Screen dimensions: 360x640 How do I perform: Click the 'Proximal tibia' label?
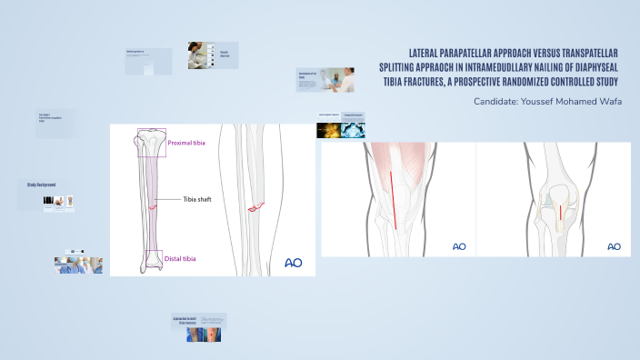tap(187, 143)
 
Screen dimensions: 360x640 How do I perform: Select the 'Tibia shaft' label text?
tap(197, 198)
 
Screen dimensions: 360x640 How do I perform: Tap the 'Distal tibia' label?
tap(180, 259)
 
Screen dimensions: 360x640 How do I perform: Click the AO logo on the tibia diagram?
tap(294, 263)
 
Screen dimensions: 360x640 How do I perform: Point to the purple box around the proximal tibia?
tap(151, 144)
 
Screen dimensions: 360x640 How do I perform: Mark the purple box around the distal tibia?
tap(154, 259)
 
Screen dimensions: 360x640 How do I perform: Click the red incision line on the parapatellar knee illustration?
tap(394, 200)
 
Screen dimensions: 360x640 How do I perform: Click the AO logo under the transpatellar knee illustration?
tap(614, 246)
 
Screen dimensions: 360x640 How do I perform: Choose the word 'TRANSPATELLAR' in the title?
tap(584, 52)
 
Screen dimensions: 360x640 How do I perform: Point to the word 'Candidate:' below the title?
tap(498, 101)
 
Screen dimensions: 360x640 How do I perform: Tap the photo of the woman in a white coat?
tap(200, 56)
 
